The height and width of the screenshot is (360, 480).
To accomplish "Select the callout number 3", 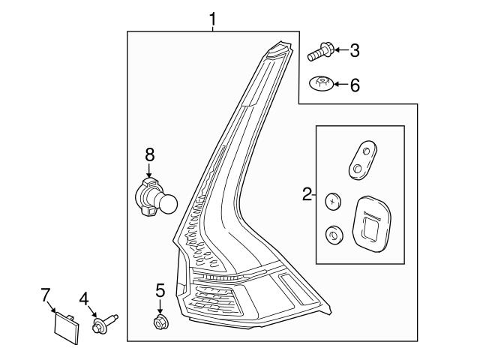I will (x=355, y=50).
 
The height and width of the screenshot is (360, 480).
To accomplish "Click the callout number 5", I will (x=160, y=289).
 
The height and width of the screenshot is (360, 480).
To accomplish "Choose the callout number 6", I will (x=355, y=85).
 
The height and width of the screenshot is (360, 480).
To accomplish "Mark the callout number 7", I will (x=46, y=293).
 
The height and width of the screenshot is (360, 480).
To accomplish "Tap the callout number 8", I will (x=149, y=154).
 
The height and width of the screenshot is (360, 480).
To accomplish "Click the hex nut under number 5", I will (x=160, y=323).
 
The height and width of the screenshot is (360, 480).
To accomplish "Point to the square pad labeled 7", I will (x=65, y=328).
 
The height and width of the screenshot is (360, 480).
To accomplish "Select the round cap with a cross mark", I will (x=332, y=200).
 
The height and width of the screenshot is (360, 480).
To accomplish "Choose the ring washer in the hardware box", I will (x=331, y=235).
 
